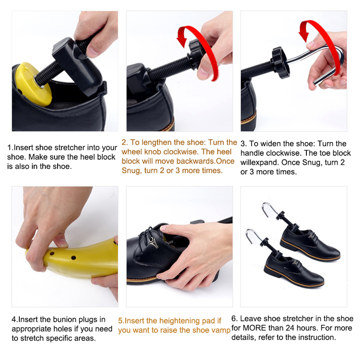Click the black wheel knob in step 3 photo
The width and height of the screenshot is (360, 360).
[279, 63]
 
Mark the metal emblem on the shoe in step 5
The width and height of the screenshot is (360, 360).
[153, 243]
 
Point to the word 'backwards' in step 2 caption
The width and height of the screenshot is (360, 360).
[196, 161]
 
